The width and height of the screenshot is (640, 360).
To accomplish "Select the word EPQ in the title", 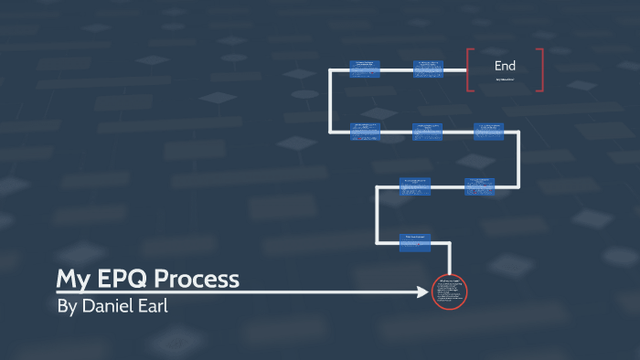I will pos(125,279).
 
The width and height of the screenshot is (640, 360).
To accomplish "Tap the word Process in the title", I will pos(200,279).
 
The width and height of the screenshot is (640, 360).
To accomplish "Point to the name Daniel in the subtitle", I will pos(109,307).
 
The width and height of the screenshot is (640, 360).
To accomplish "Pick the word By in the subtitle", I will pos(67,307).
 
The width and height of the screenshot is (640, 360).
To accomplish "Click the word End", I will pos(505,66).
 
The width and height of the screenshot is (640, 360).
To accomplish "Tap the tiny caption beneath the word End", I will pos(505,80).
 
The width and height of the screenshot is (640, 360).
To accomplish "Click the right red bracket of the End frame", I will pos(540,69).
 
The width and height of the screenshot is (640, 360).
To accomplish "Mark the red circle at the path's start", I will pos(449,292).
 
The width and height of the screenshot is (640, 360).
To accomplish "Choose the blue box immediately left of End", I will pos(428,68).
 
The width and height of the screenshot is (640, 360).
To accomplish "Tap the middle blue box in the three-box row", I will pos(428,131).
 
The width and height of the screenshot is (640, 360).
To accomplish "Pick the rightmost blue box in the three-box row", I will pos(488,131).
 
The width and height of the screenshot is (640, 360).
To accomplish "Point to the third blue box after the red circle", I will pos(478,186).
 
